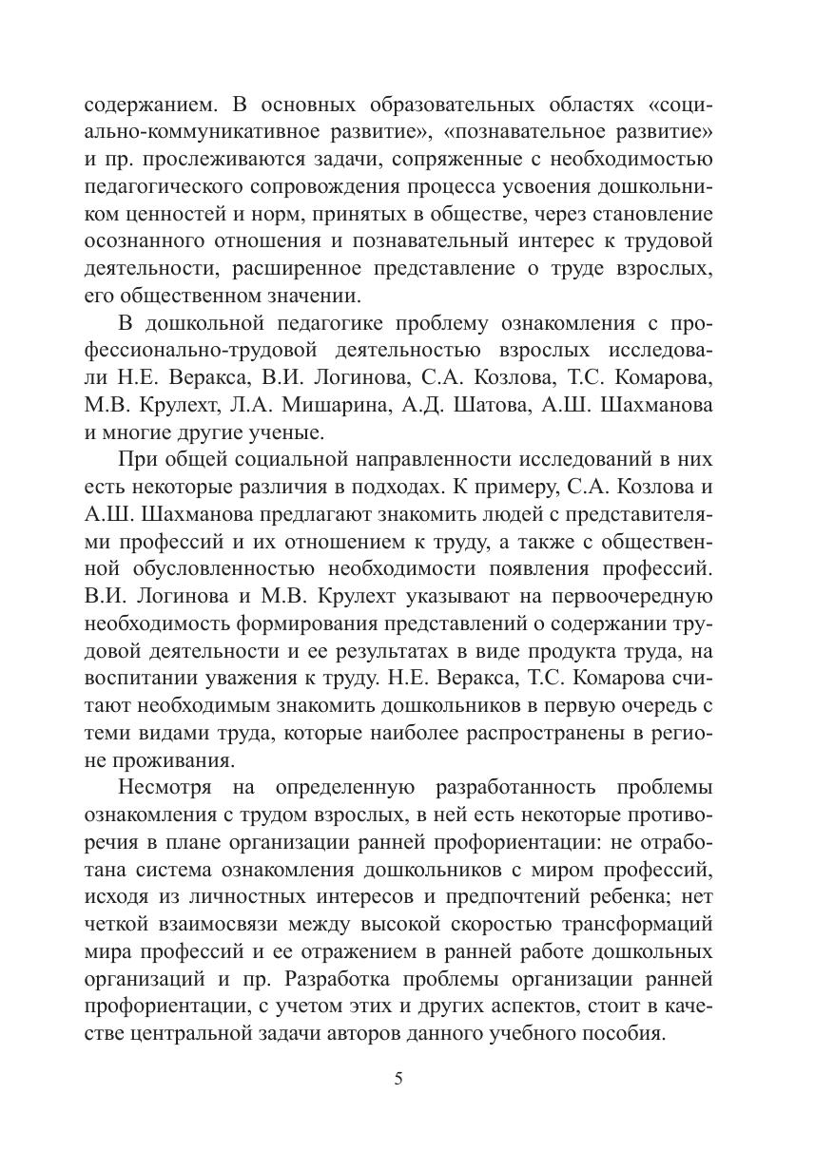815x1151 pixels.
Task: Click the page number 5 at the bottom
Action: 399,1079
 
